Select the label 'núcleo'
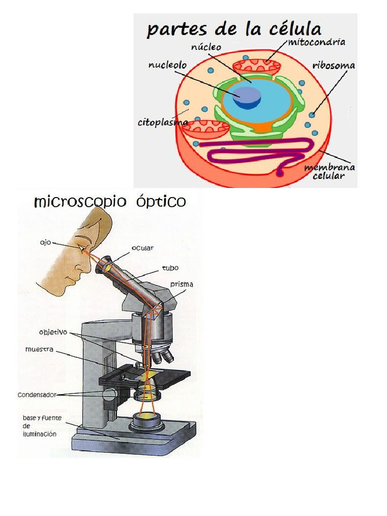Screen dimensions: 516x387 (206, 47)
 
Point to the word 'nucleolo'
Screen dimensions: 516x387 (167, 66)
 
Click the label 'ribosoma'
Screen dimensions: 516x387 (333, 66)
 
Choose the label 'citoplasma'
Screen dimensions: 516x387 (162, 122)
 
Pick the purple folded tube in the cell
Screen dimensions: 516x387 (252, 152)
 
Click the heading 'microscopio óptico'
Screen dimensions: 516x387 (110, 203)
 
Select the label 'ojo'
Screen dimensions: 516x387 (45, 242)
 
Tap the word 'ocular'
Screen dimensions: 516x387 (143, 248)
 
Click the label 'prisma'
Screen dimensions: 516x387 (181, 285)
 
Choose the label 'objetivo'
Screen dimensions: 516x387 (53, 332)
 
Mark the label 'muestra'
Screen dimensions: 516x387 (39, 349)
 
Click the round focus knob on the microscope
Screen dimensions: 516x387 (109, 394)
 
